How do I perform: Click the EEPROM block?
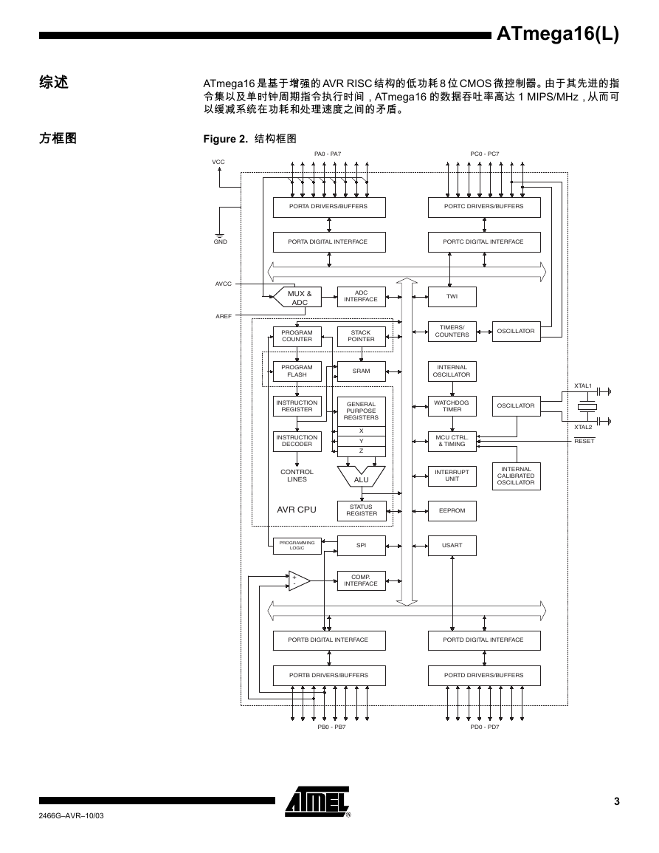[452, 511]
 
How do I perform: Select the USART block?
[452, 545]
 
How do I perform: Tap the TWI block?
[452, 296]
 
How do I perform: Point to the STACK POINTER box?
[361, 336]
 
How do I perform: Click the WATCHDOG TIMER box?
[452, 406]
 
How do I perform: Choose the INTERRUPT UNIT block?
[452, 476]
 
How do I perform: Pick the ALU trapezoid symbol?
[361, 476]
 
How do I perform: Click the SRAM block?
[361, 371]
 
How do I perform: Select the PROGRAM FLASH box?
[297, 371]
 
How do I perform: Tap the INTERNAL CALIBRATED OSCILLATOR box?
[516, 476]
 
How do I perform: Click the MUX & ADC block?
[297, 297]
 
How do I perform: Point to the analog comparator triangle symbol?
[299, 581]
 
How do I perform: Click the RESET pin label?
[584, 441]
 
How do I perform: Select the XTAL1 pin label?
[583, 386]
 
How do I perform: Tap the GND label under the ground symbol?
[220, 241]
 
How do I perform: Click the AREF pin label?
[224, 316]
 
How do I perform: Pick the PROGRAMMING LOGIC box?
[297, 545]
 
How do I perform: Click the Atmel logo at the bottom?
[318, 802]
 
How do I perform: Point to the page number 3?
[617, 801]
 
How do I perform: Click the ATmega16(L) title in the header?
[557, 34]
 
